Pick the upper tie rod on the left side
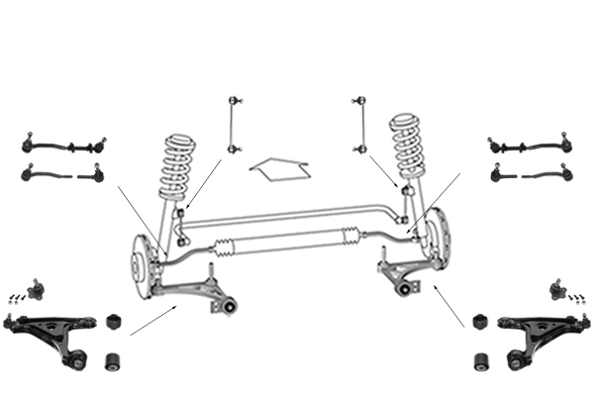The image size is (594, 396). point(63,145)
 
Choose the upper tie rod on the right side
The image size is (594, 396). point(531,145)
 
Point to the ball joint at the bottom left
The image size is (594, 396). point(37,289)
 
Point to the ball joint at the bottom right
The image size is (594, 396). point(555,289)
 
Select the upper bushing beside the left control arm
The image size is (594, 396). point(115,323)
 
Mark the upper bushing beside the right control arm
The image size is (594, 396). point(481,323)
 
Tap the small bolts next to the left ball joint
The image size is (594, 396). point(14,297)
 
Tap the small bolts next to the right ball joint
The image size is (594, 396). point(579,297)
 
